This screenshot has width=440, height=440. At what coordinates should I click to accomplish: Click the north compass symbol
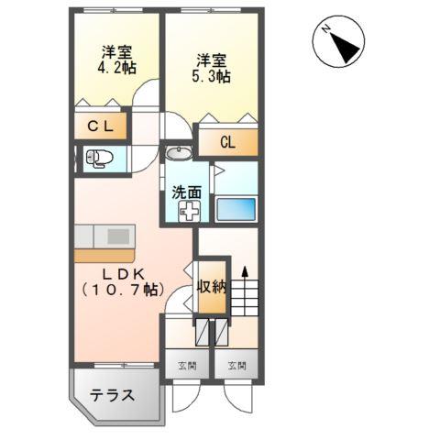coord(338,41)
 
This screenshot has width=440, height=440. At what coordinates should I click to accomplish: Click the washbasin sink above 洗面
coord(179,152)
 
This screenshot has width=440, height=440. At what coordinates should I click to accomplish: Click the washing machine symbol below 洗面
coord(188,213)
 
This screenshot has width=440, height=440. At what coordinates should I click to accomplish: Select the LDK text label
coord(120,271)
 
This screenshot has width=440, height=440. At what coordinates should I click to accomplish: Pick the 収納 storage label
coord(210,287)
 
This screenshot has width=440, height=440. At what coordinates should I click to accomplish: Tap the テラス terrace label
coord(113,396)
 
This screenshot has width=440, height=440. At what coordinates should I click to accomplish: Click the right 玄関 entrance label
coord(237,365)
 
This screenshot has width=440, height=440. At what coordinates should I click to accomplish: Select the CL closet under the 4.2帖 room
coord(100,126)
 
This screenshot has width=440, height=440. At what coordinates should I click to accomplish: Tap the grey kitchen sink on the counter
coord(119,236)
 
